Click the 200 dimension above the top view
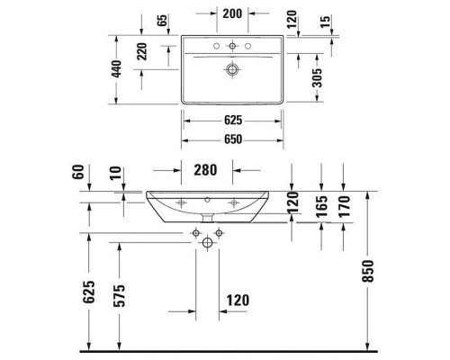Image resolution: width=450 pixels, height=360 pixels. coord(232,14)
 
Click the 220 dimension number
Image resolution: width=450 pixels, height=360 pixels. coord(142,52)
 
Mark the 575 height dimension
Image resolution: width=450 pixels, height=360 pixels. coord(120,294)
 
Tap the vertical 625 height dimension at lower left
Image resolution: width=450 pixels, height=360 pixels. coord(88,294)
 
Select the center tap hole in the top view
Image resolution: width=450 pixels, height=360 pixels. coord(233,45)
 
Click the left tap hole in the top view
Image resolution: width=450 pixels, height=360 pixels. coord(217,45)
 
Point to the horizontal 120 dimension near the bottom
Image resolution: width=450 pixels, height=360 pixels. coord(238,300)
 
